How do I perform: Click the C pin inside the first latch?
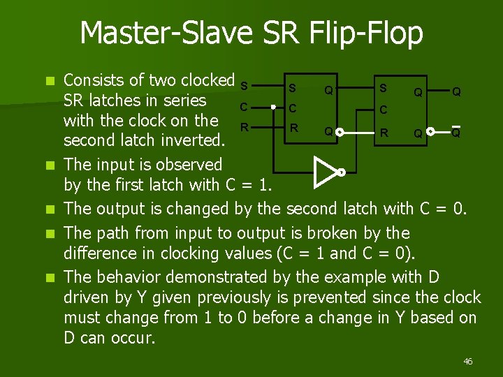point(293,109)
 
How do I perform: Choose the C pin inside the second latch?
point(383,110)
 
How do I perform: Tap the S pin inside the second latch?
point(382,88)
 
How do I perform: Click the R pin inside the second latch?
point(383,131)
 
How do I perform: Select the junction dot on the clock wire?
point(275,108)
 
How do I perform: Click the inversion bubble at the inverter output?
point(342,171)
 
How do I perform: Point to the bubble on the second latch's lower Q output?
point(430,131)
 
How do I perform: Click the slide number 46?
point(467,361)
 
